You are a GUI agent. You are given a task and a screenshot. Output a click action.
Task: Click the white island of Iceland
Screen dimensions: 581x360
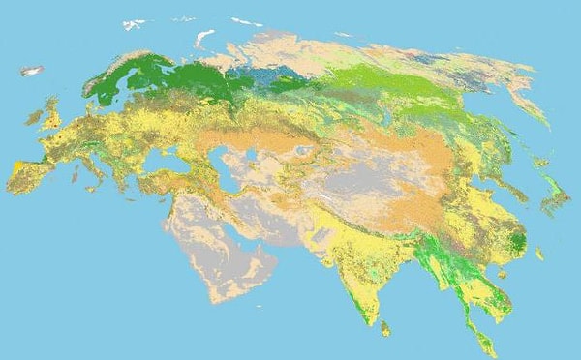pos(32,71)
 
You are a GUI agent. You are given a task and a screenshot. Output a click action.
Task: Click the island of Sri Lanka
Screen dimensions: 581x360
pos(385,329)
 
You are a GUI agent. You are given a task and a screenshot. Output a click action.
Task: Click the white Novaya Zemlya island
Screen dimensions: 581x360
pos(203,38)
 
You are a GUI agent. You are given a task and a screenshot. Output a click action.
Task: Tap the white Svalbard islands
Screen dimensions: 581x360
pos(136,24)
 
